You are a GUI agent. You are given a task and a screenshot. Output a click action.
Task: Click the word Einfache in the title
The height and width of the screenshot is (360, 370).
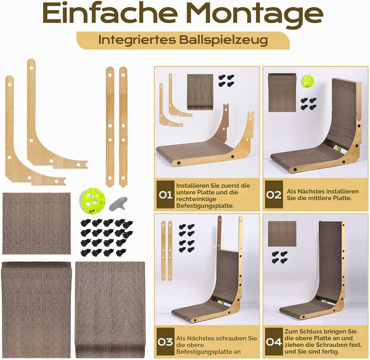pyautogui.click(x=110, y=13)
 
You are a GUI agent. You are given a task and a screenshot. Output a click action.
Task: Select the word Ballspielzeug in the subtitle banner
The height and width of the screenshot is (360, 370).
pyautogui.click(x=224, y=40)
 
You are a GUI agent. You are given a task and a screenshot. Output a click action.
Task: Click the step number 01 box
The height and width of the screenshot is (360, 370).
pyautogui.click(x=165, y=195)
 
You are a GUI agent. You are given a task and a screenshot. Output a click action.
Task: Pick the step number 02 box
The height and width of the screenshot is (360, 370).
pyautogui.click(x=274, y=195)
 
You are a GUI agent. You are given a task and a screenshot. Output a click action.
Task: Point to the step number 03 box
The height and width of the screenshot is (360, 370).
pyautogui.click(x=165, y=342)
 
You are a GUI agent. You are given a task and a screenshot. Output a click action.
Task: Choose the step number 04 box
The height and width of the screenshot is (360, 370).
pyautogui.click(x=274, y=342)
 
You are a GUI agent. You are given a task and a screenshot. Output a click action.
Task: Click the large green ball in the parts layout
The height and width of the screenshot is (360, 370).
pyautogui.click(x=92, y=201)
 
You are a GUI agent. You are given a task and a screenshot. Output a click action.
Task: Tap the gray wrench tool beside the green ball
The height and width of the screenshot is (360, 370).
pyautogui.click(x=118, y=204)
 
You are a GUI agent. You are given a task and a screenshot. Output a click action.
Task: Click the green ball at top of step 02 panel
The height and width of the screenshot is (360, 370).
pyautogui.click(x=308, y=81)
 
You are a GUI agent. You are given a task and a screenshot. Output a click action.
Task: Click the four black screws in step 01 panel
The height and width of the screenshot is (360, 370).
pyautogui.click(x=226, y=81)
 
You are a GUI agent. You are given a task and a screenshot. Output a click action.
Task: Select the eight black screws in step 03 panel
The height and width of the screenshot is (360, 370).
pyautogui.click(x=187, y=238)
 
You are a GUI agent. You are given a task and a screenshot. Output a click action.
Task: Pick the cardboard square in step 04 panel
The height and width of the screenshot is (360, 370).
pyautogui.click(x=282, y=234)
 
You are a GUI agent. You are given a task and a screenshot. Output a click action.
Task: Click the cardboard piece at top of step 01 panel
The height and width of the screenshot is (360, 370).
pyautogui.click(x=200, y=92)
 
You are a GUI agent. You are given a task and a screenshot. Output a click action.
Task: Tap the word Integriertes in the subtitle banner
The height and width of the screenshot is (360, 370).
pyautogui.click(x=137, y=40)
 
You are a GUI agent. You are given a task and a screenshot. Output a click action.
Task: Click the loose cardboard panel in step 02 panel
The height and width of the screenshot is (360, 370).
pyautogui.click(x=282, y=92)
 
